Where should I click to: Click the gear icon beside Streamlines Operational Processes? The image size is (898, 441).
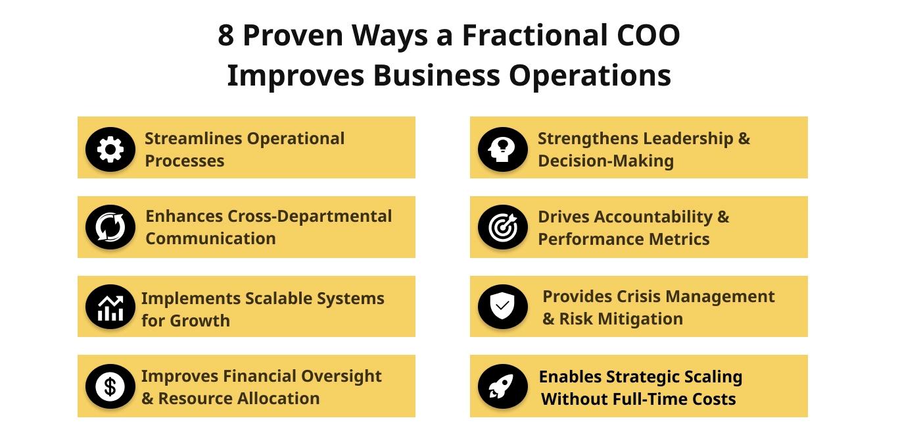pos(110,149)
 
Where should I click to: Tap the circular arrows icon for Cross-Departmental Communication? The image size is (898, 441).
pos(110,227)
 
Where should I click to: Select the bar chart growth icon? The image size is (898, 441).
pos(110,307)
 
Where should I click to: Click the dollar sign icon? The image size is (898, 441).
pos(110,386)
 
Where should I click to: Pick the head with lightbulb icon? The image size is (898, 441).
pos(503,149)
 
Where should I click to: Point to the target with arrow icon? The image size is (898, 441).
pos(503,227)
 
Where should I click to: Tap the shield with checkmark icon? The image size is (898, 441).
pos(503,307)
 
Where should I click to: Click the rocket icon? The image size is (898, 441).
pos(503,386)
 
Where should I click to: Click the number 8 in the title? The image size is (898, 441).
pos(225,36)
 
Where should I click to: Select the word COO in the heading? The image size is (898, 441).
pos(648,36)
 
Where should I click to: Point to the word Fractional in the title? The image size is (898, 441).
pos(535,36)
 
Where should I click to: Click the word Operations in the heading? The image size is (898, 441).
pos(590,76)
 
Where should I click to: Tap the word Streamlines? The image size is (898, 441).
pos(194,138)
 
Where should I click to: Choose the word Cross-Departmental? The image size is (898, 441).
pos(310,217)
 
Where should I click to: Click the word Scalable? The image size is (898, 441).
pos(279,299)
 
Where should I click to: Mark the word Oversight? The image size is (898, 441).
pos(341,376)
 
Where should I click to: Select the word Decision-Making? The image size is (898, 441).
pos(605,161)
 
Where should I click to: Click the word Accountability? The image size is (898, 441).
pos(653,217)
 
